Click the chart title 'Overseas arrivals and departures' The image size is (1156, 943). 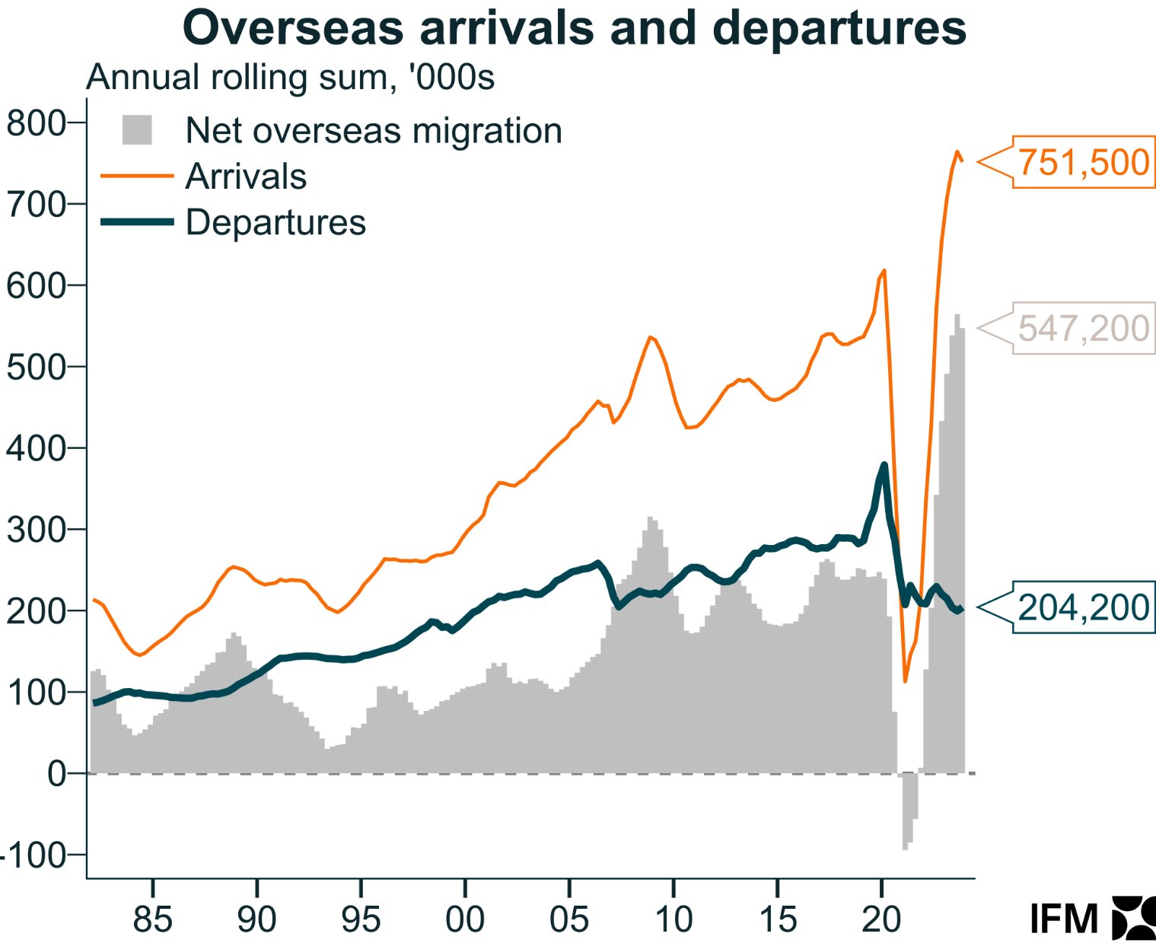pos(575,28)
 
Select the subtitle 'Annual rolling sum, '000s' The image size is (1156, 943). pos(291,78)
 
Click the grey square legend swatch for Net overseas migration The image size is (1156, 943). pos(137,130)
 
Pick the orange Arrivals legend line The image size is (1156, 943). pos(137,176)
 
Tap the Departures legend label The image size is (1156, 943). pos(275,222)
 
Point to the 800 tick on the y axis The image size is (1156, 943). pos(36,123)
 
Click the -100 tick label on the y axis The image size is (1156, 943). pos(33,855)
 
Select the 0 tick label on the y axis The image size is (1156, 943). pos(56,774)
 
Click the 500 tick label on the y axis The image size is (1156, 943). pos(36,367)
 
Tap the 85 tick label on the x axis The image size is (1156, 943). pos(153,919)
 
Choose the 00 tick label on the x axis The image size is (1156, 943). pos(465,919)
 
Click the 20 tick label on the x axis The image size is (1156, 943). pos(881,919)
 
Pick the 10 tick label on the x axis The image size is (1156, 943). pos(674,919)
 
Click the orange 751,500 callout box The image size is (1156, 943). pos(1083,162)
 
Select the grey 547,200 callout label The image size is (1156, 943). pos(1083,328)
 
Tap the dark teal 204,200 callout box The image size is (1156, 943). pos(1083,607)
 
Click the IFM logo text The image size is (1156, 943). pos(1064,919)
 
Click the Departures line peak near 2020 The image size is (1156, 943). pos(884,464)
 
